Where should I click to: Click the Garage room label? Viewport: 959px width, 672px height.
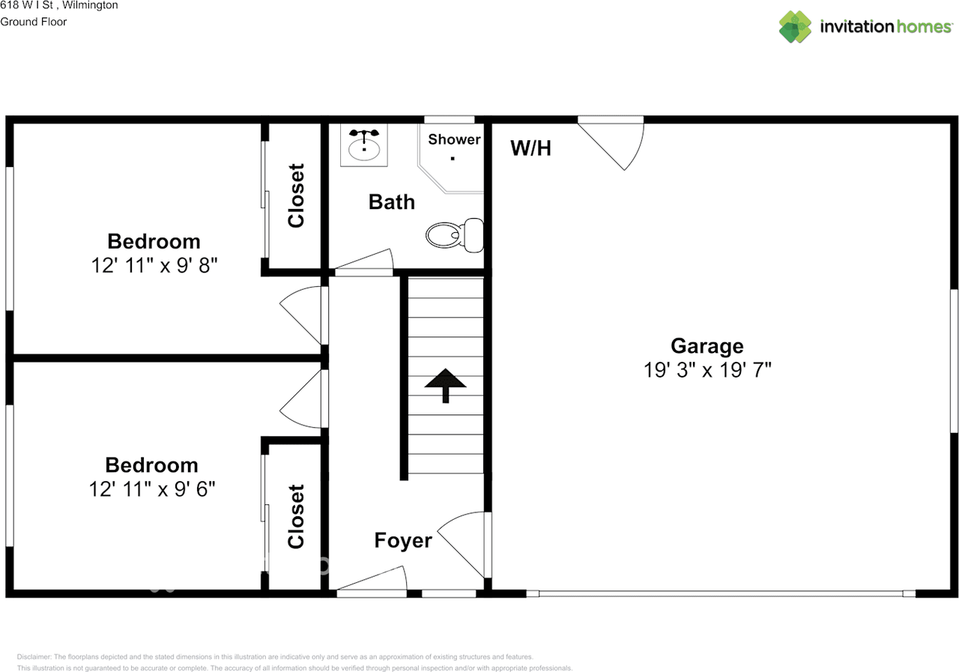[707, 345]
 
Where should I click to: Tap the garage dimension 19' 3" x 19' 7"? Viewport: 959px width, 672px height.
[707, 369]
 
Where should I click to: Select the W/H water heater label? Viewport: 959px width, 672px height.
[530, 148]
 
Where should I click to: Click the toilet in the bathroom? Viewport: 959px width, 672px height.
[454, 235]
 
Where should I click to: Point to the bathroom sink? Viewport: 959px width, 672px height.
[364, 145]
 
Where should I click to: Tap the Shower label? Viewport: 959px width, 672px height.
[454, 139]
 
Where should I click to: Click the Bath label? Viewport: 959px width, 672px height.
[391, 202]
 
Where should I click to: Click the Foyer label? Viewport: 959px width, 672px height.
[403, 540]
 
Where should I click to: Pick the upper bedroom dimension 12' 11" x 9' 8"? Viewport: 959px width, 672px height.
[154, 265]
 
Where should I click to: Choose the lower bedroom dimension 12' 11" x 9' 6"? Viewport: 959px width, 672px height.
[152, 488]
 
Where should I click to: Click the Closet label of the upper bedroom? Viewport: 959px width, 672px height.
[296, 196]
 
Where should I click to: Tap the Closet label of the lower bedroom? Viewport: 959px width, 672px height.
[296, 516]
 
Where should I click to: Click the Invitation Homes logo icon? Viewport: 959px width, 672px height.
[795, 27]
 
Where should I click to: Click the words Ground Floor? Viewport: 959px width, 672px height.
[33, 22]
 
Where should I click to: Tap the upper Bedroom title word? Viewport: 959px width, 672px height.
[154, 241]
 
